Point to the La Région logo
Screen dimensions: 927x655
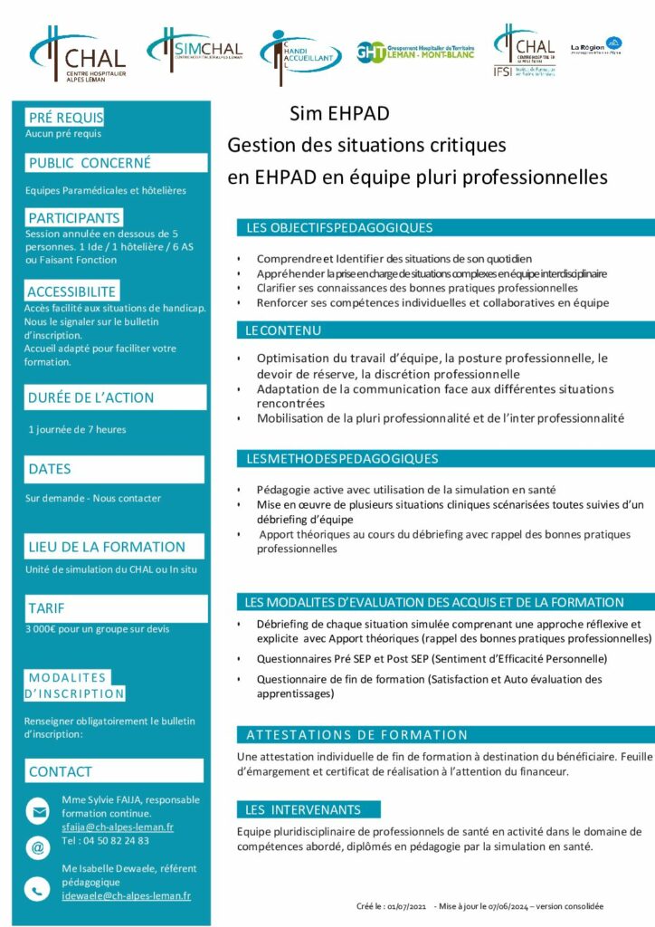tap(596, 47)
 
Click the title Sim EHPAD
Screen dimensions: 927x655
tap(339, 114)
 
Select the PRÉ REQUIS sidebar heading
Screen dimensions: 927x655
tap(65, 118)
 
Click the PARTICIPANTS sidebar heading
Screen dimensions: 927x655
tap(74, 218)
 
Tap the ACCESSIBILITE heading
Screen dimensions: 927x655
tap(71, 291)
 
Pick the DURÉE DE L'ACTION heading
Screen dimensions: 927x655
tap(91, 397)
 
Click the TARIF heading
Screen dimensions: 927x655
tap(47, 608)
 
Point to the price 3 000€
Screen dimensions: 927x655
tap(44, 628)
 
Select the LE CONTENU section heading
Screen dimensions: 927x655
tap(283, 330)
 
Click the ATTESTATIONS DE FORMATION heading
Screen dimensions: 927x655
tap(357, 735)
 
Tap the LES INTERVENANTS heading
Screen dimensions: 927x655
tap(303, 809)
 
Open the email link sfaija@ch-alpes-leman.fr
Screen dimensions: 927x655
tap(118, 827)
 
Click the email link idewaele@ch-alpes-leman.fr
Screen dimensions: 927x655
tap(126, 895)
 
